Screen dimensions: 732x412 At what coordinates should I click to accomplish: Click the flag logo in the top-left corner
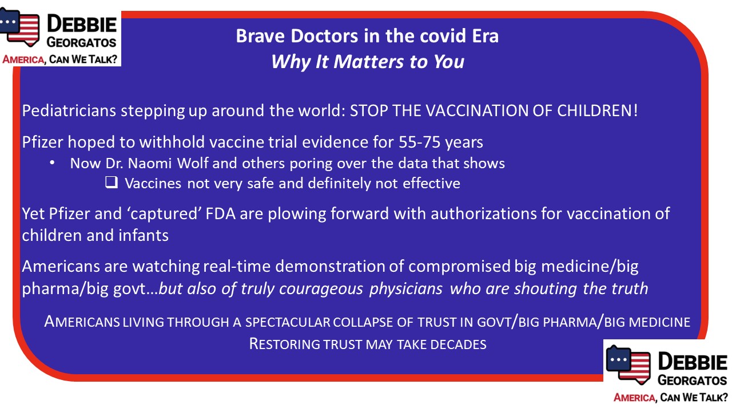point(19,27)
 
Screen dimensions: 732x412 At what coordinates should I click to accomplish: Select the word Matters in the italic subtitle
point(368,62)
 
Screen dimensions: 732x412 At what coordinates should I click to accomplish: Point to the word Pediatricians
point(69,110)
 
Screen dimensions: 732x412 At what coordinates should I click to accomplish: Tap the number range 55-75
point(419,142)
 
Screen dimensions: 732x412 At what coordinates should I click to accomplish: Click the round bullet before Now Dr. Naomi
point(52,163)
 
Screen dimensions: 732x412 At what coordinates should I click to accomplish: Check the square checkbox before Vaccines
point(112,182)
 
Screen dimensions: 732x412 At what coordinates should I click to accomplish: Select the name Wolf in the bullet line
point(193,163)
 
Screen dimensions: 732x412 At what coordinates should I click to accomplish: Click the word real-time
point(237,266)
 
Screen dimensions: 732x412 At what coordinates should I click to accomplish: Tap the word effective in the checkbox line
point(431,183)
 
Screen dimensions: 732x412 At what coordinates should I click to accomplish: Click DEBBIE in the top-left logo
point(82,25)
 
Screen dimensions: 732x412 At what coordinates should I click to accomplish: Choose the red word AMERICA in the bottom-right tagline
point(634,398)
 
